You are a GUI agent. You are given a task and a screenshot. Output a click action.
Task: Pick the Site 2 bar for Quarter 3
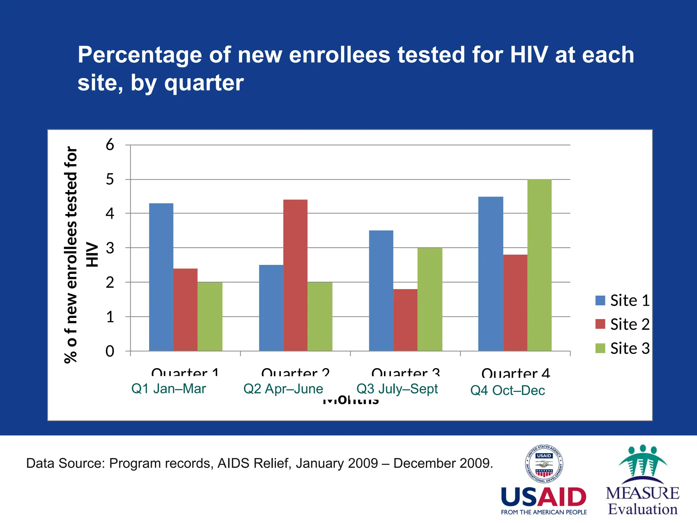(405, 320)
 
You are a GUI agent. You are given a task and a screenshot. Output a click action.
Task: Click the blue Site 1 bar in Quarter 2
(271, 308)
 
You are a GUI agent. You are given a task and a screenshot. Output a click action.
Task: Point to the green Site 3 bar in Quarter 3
(429, 299)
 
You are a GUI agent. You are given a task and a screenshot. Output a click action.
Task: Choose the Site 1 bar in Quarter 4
(490, 274)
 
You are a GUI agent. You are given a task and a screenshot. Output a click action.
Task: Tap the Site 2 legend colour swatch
(600, 324)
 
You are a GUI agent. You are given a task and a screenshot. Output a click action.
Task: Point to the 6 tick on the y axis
(110, 145)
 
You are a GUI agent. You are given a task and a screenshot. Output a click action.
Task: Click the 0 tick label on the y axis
(110, 351)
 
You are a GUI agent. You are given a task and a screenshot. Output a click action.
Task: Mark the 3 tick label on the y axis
(110, 248)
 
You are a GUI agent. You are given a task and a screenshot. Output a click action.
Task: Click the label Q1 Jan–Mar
(168, 389)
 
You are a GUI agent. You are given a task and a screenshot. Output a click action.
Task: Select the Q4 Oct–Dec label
(507, 390)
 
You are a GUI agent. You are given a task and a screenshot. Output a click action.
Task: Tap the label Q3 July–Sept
(397, 389)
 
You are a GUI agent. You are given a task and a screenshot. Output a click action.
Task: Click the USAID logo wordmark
(544, 498)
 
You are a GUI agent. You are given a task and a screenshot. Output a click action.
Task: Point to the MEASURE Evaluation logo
(643, 480)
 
